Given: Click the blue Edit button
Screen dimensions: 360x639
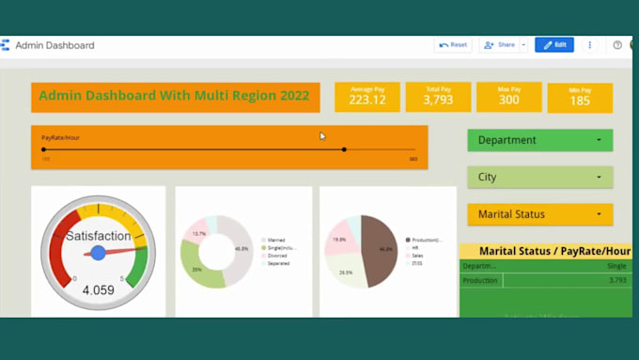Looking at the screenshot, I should point(554,44).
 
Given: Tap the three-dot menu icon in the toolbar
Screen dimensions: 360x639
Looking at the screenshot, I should point(590,44).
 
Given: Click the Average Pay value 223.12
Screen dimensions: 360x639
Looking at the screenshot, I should point(367,101).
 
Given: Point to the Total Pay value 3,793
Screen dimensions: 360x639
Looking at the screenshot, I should point(438,101).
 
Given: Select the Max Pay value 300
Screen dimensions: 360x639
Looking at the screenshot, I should point(508,101).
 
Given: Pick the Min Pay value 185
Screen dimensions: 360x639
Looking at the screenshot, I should point(580,102).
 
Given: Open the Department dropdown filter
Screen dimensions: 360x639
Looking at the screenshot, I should point(539,140).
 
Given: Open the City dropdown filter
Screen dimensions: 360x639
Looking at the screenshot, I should point(539,177).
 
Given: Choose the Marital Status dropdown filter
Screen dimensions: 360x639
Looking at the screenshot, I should point(539,214).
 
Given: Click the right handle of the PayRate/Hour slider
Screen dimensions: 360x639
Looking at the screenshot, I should point(344,149).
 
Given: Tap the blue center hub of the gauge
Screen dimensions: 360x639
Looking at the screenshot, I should point(98,253).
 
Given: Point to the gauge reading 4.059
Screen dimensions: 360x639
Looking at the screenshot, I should point(98,290).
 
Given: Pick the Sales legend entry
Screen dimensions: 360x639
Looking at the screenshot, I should point(416,255).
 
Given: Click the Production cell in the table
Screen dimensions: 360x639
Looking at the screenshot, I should point(480,280).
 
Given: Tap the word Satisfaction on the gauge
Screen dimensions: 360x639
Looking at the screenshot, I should point(98,236).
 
